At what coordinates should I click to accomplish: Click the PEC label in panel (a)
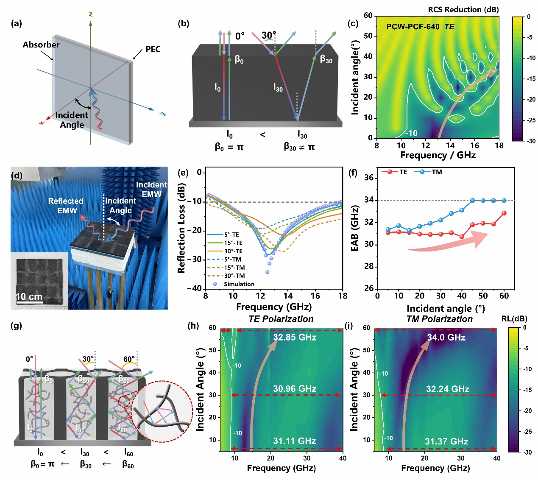pos(153,50)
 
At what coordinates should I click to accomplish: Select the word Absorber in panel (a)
pos(41,45)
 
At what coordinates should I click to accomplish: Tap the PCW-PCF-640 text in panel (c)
pos(413,27)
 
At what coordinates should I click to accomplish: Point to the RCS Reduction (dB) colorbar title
pos(463,10)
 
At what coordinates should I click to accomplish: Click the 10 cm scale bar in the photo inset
pos(29,297)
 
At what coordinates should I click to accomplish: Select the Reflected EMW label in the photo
pos(66,206)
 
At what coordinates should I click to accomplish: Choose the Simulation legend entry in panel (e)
pos(239,284)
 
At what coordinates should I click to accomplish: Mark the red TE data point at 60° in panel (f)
pos(504,213)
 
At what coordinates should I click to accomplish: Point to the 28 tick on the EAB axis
pos(369,266)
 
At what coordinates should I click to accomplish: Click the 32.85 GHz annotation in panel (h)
pos(295,338)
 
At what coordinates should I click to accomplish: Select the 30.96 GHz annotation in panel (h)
pos(295,389)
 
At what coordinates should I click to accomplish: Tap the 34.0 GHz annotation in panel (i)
pos(446,338)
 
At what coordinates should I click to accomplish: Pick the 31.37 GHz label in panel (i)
pos(446,442)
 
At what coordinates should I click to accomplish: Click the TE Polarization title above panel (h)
pos(281,319)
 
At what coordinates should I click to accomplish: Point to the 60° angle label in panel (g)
pos(129,360)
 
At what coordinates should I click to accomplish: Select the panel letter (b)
pos(183,24)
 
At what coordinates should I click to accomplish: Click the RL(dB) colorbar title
pos(514,319)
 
